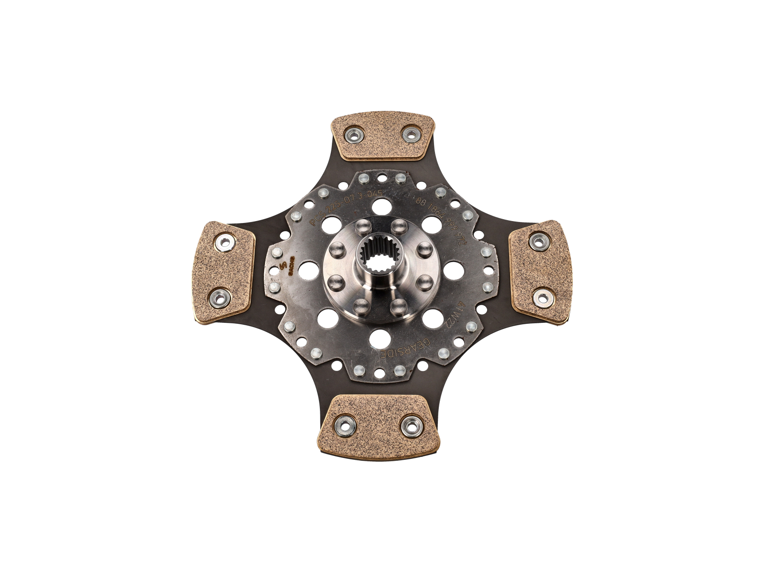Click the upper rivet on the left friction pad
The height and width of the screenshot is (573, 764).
click(x=223, y=243)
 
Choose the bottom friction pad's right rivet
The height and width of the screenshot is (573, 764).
click(x=411, y=425)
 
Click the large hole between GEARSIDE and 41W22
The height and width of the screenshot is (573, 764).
click(x=431, y=318)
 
